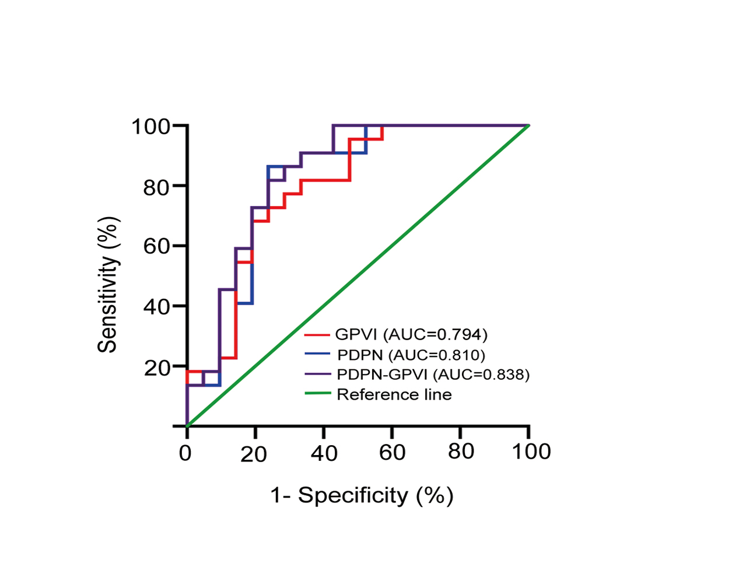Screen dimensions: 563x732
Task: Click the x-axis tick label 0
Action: tap(185, 453)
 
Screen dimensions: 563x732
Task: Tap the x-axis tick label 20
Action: tap(254, 454)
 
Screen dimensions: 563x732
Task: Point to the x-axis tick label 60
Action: tap(391, 453)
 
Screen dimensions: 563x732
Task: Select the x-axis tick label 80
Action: tap(461, 452)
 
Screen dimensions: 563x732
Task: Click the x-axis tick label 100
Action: tap(528, 452)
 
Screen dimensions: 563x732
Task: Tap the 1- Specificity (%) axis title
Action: tap(362, 495)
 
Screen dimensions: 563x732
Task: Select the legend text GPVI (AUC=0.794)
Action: tap(411, 334)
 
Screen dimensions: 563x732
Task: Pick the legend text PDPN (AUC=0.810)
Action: tap(411, 354)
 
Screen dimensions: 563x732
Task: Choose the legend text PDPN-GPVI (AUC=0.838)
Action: tap(433, 374)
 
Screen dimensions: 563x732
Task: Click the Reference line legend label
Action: tap(394, 394)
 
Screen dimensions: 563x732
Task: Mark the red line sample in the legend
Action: tap(318, 335)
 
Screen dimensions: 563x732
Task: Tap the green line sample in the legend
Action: tap(318, 394)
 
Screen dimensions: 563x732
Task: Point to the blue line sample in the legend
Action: tap(318, 354)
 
